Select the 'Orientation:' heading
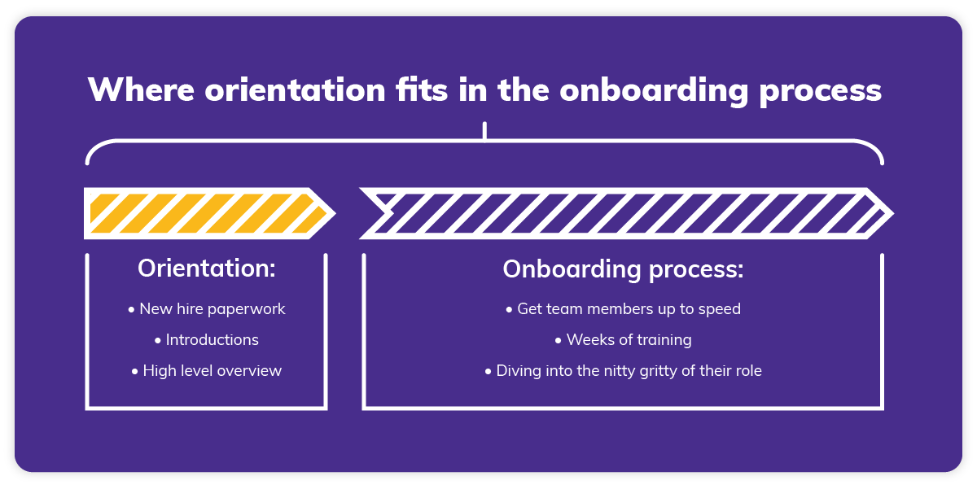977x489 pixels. [x=207, y=269]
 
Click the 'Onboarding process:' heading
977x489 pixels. [x=623, y=269]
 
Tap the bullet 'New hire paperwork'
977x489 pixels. [x=207, y=309]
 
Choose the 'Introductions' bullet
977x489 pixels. [x=207, y=340]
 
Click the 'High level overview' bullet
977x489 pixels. [x=207, y=371]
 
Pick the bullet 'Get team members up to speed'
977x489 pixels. [x=623, y=309]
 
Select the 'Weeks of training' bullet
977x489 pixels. [x=623, y=340]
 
